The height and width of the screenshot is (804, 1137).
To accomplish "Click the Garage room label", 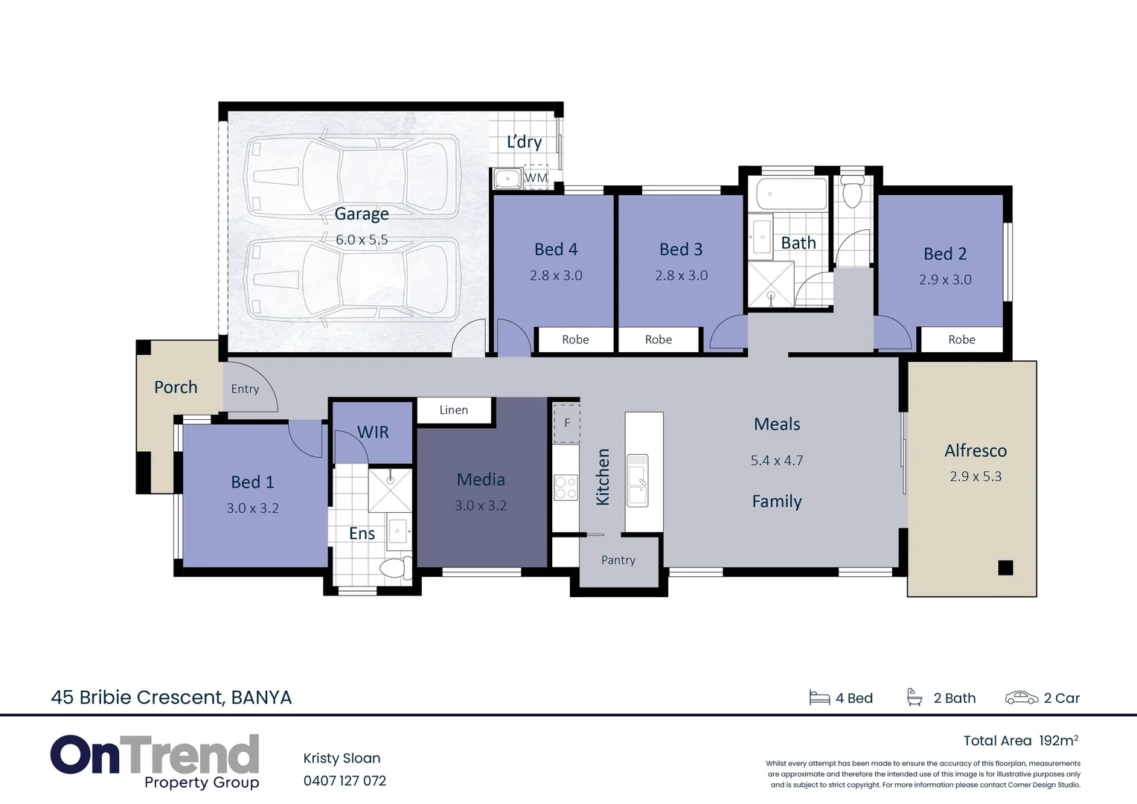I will (x=362, y=214).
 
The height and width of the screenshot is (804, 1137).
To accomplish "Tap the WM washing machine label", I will (x=536, y=178).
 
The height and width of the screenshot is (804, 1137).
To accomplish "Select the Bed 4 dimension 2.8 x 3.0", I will (x=556, y=275).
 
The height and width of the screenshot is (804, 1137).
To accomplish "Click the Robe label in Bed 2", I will (x=961, y=339).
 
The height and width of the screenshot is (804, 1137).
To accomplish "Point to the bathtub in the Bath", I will (x=791, y=194).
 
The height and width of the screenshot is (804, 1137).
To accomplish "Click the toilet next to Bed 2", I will (x=852, y=194).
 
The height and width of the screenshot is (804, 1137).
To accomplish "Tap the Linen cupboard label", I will (x=453, y=410).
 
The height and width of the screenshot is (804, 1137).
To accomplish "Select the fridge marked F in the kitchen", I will (x=566, y=424).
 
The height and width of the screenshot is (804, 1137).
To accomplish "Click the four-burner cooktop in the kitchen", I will (x=566, y=488).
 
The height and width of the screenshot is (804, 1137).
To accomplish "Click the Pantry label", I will (x=618, y=561).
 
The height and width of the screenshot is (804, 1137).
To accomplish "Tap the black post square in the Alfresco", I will (x=1005, y=568).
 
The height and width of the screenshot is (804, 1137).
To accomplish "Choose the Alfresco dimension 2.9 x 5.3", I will (x=975, y=476).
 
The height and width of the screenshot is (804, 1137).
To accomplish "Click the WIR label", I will (x=373, y=433).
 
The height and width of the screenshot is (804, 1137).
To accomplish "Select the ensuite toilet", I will (x=394, y=569).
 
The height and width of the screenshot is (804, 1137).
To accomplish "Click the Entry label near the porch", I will (x=245, y=389).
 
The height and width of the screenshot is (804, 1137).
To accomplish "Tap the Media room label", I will (x=481, y=480).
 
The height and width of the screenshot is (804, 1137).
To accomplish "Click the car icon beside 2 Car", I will (x=1021, y=698).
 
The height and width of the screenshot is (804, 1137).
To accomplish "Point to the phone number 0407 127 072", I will (x=345, y=781).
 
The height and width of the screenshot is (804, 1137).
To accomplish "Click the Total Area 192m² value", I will (x=1058, y=741).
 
